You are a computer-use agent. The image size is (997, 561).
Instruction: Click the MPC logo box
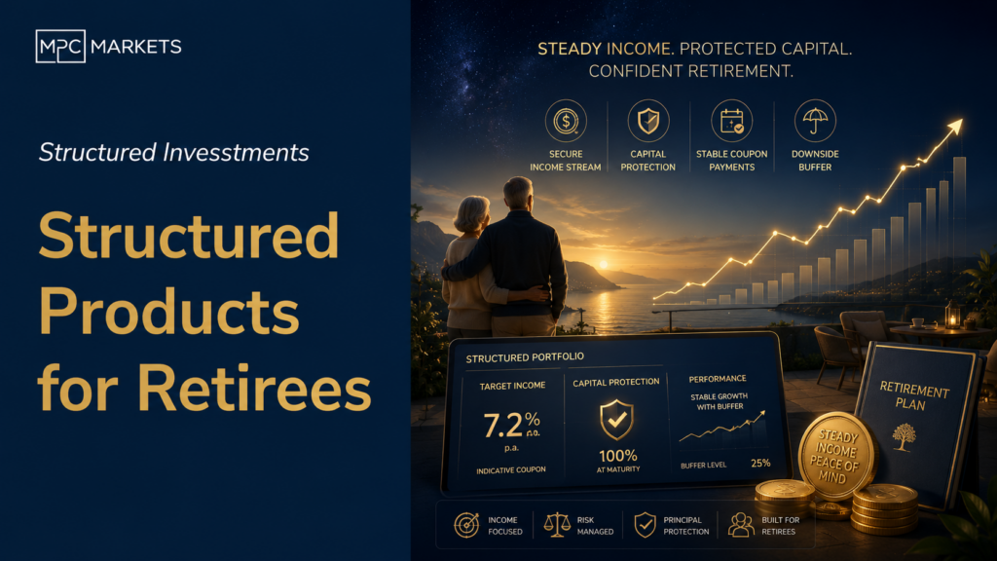(x=60, y=47)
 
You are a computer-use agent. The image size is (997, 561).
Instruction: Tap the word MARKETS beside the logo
(x=136, y=47)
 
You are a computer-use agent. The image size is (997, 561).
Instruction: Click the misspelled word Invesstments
(x=236, y=153)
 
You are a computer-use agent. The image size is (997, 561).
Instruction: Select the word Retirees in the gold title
(x=254, y=389)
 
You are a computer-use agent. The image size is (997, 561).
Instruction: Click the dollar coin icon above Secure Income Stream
(x=566, y=120)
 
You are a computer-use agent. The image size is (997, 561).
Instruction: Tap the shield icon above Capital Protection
(x=648, y=120)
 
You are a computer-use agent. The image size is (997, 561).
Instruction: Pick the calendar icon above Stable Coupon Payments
(x=732, y=120)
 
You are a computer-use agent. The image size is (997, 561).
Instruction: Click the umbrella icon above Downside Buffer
(x=815, y=120)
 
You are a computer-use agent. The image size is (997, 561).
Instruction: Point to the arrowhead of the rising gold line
(x=955, y=127)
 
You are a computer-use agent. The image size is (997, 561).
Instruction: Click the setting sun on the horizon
(x=604, y=264)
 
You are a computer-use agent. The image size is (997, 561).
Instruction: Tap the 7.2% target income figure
(x=511, y=425)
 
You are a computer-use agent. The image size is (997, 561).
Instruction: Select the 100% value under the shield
(x=618, y=456)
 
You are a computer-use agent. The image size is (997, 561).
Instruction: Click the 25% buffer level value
(x=760, y=463)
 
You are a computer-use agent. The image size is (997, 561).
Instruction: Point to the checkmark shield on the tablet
(x=616, y=419)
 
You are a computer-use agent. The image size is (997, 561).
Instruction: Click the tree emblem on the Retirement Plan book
(x=905, y=437)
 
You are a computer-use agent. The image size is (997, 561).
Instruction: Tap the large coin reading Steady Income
(x=837, y=456)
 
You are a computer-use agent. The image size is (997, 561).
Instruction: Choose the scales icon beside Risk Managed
(x=557, y=525)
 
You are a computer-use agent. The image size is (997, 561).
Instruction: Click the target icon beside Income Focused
(x=466, y=525)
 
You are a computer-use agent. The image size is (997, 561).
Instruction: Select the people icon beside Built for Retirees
(x=741, y=525)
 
